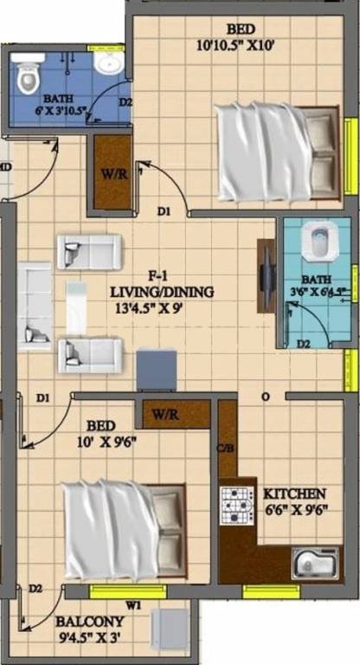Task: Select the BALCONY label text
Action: [x=89, y=622]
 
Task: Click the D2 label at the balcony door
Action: [x=35, y=590]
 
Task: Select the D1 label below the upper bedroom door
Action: [x=164, y=210]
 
